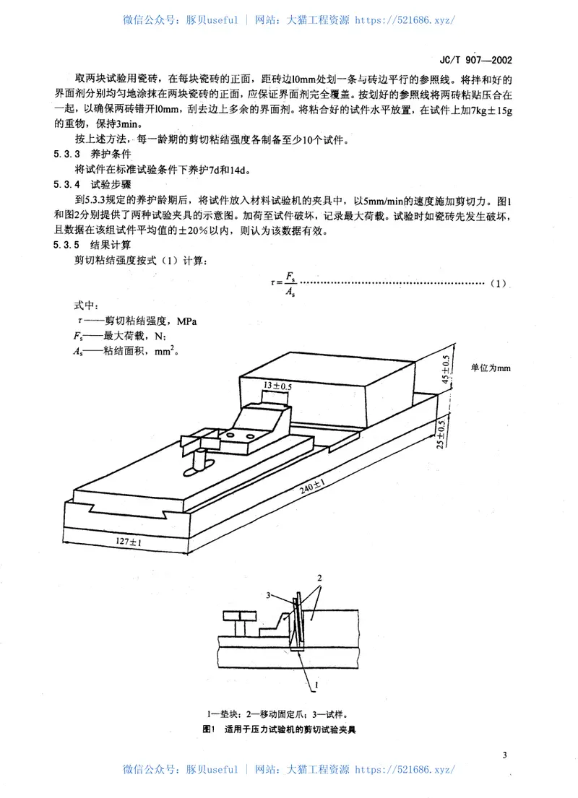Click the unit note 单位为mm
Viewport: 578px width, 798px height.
click(491, 368)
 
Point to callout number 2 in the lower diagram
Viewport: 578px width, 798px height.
click(319, 579)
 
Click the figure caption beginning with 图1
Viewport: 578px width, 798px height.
click(280, 729)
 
